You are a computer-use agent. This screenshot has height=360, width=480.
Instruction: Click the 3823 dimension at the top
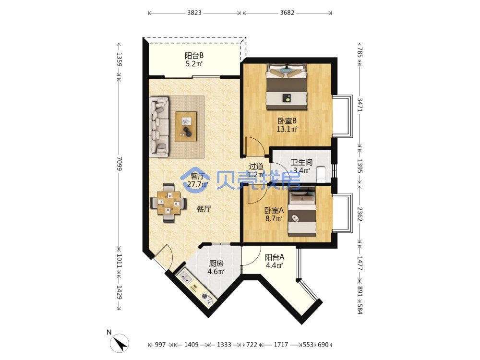(194, 12)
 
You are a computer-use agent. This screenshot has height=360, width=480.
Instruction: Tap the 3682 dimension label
(287, 12)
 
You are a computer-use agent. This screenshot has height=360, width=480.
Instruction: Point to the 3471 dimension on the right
(360, 105)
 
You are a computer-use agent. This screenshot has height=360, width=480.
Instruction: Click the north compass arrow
(120, 343)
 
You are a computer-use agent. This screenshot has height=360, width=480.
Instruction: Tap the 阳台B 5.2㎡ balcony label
(194, 60)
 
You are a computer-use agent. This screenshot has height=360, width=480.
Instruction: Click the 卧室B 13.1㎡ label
(287, 125)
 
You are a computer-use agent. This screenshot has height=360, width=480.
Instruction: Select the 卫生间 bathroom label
(301, 162)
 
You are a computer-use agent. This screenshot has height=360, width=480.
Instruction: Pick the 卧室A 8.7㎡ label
(274, 214)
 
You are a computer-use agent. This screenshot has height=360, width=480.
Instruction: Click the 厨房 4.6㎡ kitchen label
(216, 267)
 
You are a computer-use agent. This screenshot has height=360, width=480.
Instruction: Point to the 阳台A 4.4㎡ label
(274, 261)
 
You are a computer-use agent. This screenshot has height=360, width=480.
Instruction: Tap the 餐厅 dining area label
(204, 209)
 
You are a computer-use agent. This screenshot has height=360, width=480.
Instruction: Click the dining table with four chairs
(168, 203)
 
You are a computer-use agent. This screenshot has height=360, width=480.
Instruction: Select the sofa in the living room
(159, 127)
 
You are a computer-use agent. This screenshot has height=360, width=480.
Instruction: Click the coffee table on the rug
(186, 126)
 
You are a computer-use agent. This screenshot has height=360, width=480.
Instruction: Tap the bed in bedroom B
(286, 86)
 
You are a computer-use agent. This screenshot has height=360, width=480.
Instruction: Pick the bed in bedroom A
(302, 213)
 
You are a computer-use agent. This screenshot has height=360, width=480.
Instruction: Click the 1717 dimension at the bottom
(281, 345)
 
